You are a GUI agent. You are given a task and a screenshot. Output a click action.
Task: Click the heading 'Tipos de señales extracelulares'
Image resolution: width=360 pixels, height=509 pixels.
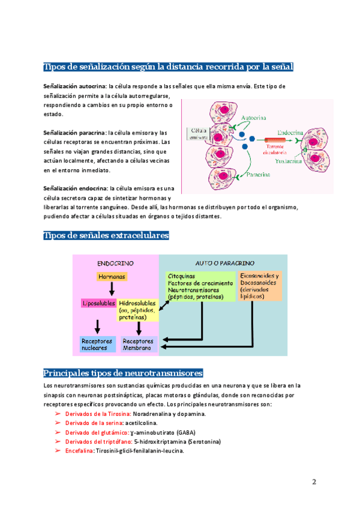[106, 235]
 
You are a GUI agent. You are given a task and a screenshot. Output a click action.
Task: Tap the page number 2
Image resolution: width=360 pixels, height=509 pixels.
[314, 482]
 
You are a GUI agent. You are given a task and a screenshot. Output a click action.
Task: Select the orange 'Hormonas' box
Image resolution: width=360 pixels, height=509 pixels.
[112, 277]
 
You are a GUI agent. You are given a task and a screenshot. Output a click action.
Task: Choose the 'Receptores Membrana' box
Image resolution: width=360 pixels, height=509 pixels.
[138, 343]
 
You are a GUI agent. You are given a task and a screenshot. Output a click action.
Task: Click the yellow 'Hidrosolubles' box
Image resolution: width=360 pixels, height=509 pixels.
[138, 310]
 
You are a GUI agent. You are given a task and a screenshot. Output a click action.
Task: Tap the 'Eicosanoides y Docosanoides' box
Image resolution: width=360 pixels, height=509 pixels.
[259, 286]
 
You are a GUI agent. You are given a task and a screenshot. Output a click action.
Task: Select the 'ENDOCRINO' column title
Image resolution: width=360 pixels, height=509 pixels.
[115, 263]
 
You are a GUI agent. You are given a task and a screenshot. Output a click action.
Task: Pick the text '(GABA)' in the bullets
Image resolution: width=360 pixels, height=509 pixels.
[184, 432]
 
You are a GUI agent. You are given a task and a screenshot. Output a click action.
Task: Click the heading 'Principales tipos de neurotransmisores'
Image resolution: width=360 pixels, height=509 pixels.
[123, 373]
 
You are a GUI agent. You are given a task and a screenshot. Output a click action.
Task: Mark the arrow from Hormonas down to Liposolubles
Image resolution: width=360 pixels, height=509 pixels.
[112, 289]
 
